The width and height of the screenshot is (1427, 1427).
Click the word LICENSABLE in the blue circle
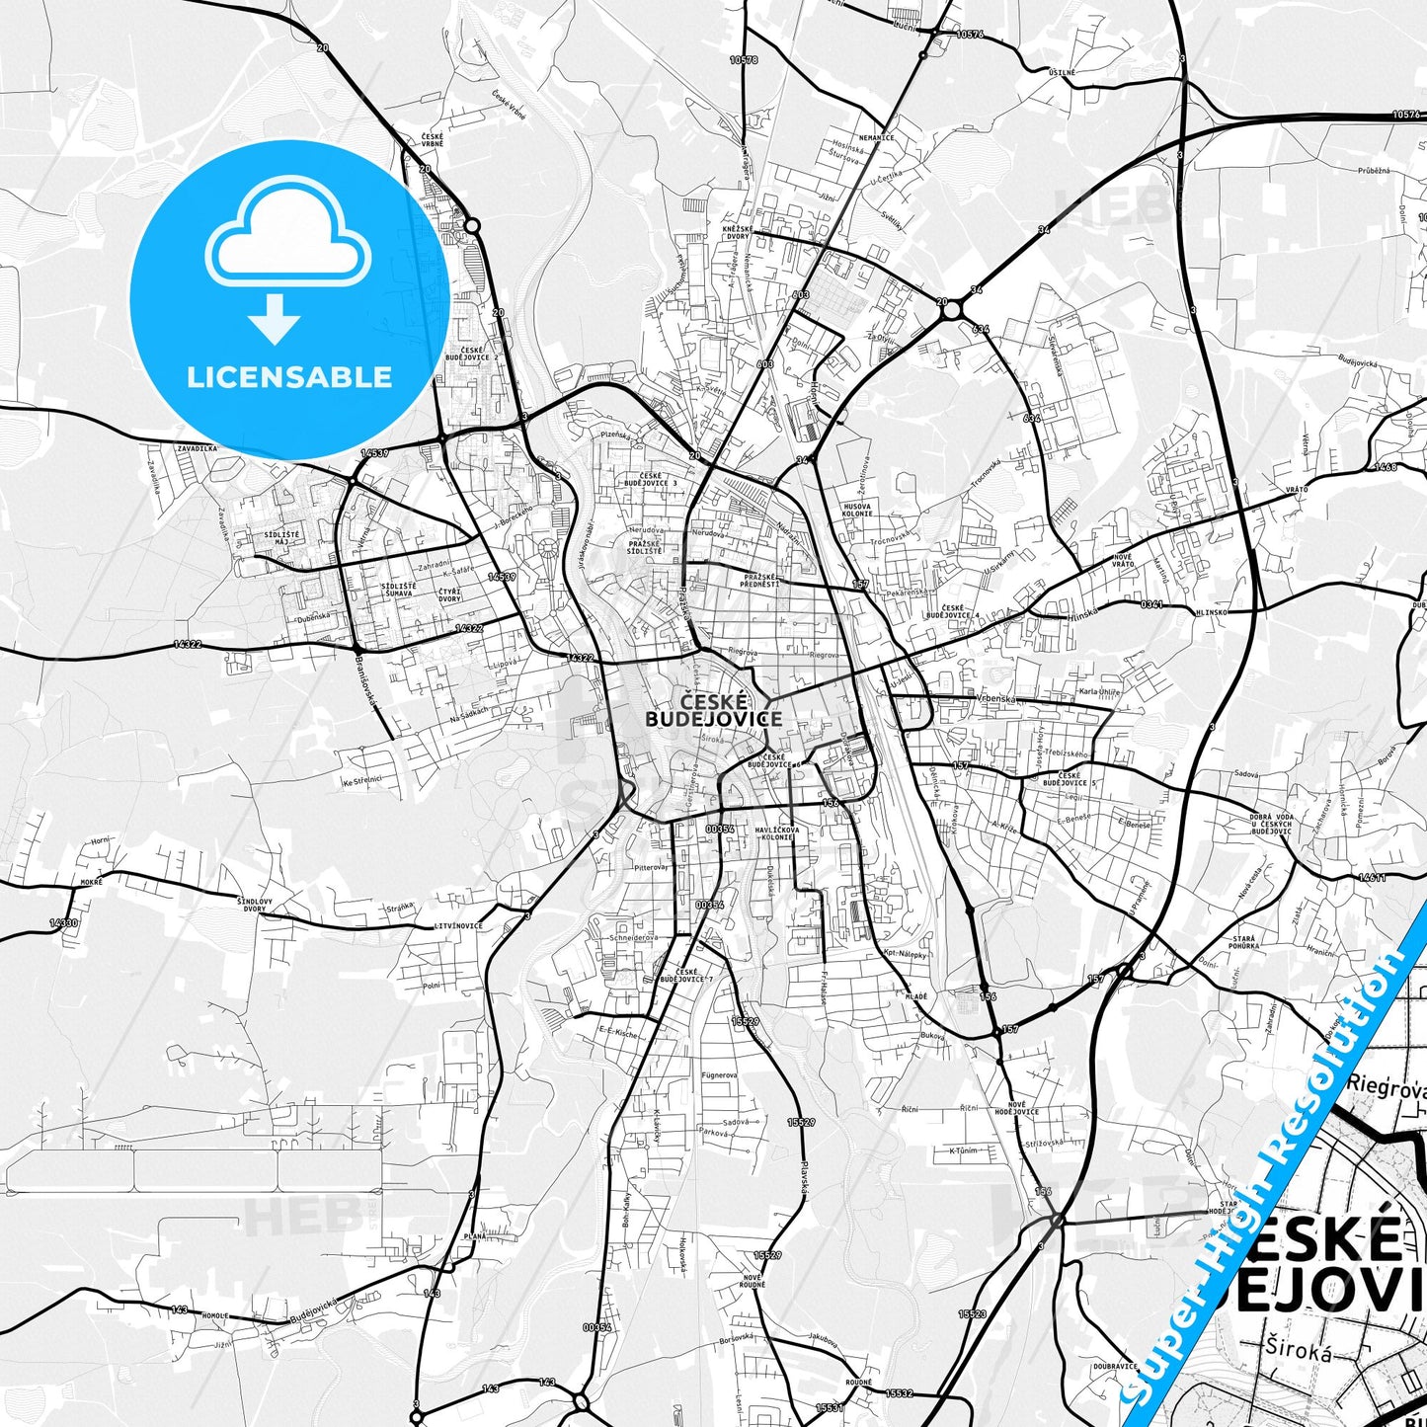click(x=289, y=376)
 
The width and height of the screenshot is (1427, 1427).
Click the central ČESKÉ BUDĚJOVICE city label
click(x=712, y=710)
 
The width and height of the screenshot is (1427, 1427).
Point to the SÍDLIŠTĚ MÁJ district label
click(x=281, y=538)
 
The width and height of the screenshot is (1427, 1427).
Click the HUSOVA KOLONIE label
click(x=857, y=510)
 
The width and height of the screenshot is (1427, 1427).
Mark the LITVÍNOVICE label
click(x=458, y=925)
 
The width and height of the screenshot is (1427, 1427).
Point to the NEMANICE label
click(x=876, y=137)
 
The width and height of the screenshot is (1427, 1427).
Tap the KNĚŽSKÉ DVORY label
click(x=738, y=232)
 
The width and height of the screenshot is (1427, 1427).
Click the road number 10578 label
click(x=744, y=60)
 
